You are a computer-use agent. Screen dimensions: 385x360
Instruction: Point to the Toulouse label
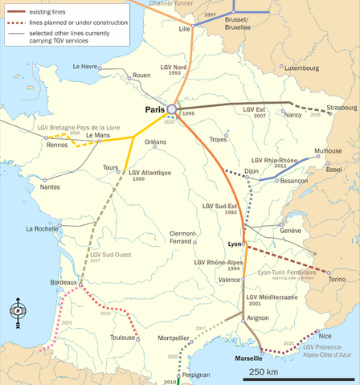(122, 338)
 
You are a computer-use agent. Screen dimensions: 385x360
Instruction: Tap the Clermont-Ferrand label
(181, 238)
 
